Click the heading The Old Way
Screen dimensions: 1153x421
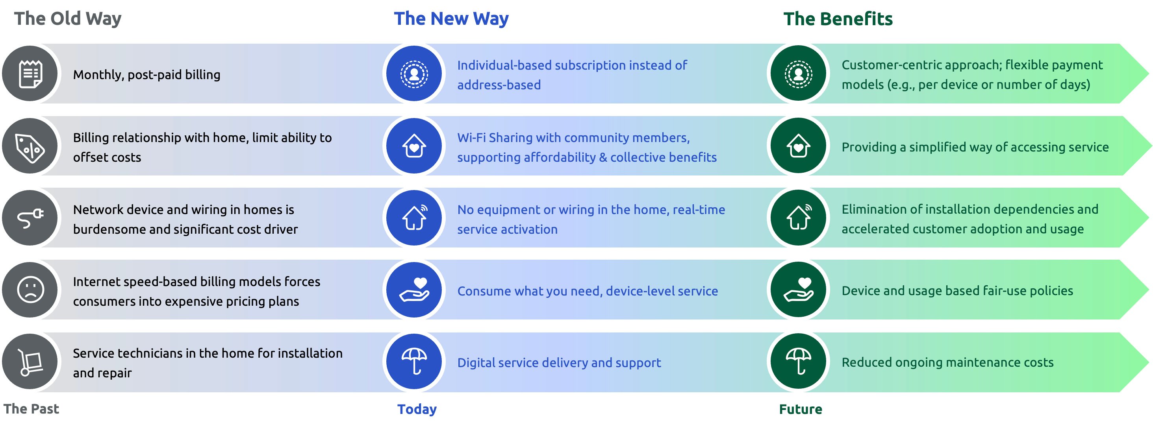[x=68, y=19]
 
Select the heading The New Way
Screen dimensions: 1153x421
[x=451, y=19]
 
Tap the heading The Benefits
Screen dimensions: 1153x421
[x=838, y=19]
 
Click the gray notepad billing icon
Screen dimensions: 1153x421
[x=30, y=74]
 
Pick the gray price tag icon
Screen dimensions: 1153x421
[x=30, y=146]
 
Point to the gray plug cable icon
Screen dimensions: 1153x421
[x=30, y=218]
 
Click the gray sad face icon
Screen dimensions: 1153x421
[x=30, y=290]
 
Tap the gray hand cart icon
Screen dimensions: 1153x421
[x=30, y=362]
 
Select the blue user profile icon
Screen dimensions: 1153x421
[x=414, y=74]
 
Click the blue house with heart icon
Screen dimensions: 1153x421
[x=414, y=146]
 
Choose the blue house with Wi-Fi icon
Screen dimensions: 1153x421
[x=414, y=218]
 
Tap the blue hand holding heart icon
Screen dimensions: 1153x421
[x=414, y=290]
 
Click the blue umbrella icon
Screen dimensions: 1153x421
[x=414, y=362]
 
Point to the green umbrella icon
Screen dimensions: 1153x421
[x=799, y=362]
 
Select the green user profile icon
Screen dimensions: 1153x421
[x=799, y=74]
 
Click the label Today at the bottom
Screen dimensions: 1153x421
[x=417, y=409]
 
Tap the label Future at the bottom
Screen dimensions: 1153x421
[x=800, y=409]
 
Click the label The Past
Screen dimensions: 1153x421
[x=32, y=408]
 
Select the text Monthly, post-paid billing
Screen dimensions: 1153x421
[x=146, y=75]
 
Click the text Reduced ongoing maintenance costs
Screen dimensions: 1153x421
[x=947, y=362]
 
